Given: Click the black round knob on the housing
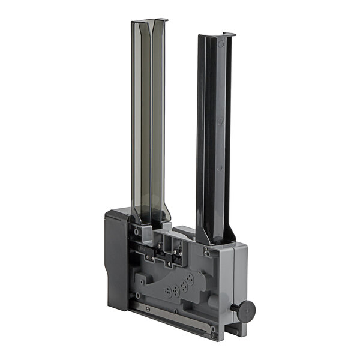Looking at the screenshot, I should tap(245, 310).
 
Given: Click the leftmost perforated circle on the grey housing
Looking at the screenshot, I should tap(168, 290).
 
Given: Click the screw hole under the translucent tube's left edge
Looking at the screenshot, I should tap(137, 230).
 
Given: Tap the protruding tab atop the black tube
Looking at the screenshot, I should tap(228, 34).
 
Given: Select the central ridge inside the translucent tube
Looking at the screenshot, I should tap(151, 120).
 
